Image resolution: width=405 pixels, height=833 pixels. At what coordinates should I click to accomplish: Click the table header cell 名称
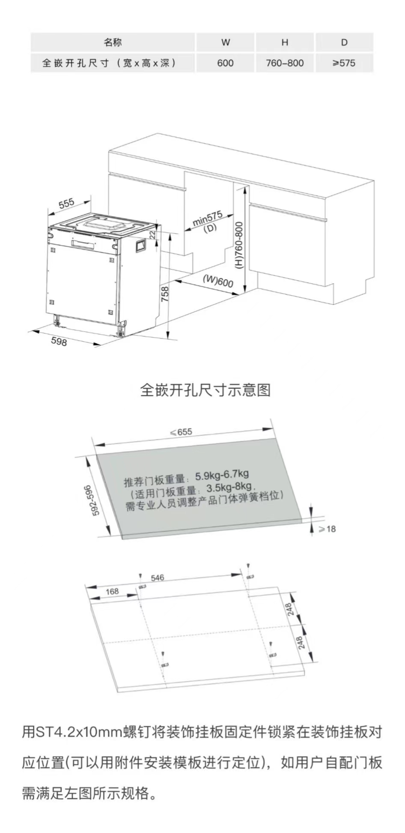tap(113, 42)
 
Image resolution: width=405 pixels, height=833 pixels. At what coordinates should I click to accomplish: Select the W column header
tap(225, 42)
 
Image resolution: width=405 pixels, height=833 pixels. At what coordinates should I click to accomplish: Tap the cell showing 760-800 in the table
tap(285, 63)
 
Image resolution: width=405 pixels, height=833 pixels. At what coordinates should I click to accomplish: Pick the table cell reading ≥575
tap(344, 63)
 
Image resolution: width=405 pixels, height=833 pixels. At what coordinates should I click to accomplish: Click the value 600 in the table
tap(225, 63)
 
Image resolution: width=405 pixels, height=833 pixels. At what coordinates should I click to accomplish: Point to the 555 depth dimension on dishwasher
tap(66, 203)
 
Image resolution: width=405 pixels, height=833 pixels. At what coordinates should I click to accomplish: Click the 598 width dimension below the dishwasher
tap(59, 341)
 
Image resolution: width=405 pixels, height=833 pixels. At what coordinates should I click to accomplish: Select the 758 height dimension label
tap(165, 294)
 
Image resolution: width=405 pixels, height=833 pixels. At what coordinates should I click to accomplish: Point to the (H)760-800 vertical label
tap(239, 245)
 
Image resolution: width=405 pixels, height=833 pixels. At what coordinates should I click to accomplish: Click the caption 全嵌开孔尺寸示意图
tap(205, 390)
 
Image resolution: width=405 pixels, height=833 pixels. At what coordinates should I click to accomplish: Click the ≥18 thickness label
tap(328, 529)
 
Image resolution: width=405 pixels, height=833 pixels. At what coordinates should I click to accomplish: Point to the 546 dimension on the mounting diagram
tap(157, 578)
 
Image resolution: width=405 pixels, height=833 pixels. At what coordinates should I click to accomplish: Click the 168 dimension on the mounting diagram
tap(112, 591)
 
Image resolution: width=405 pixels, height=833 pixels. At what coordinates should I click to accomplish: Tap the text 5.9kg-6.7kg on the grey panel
tap(222, 475)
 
